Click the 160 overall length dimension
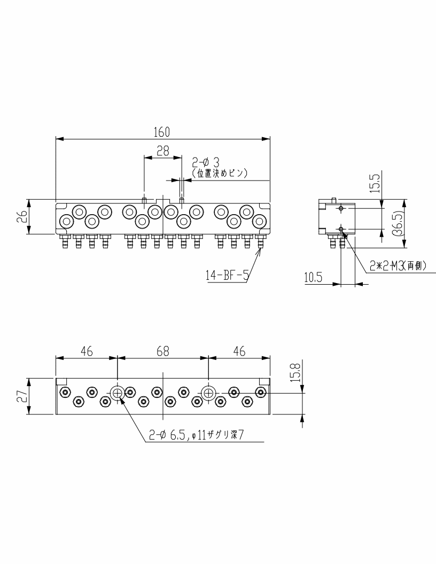point(161,132)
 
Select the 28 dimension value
point(163,151)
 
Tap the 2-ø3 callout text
point(206,162)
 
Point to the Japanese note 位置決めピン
point(220,174)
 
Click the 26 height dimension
point(22,216)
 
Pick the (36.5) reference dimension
point(399,223)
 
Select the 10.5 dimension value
point(313,278)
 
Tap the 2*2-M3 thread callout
point(398,265)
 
